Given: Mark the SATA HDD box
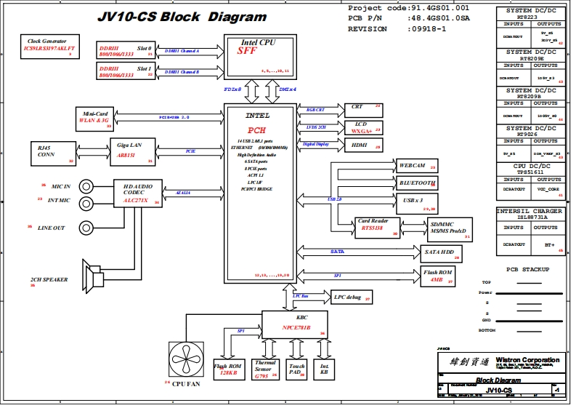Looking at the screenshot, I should tap(439, 252).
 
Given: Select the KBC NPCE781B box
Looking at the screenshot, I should tap(296, 323).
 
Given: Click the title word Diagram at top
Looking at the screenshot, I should tap(237, 16).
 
